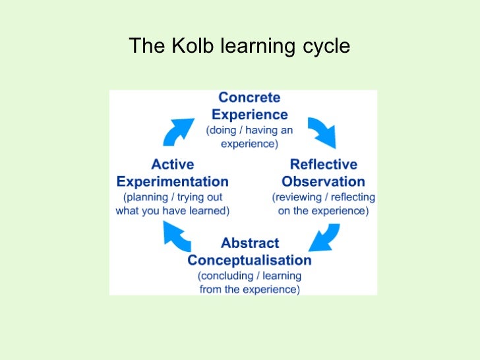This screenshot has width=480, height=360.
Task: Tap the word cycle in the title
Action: [324, 47]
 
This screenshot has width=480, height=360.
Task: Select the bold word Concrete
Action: [249, 98]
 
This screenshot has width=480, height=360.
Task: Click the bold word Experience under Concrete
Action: [249, 114]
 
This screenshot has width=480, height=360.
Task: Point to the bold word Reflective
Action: [323, 164]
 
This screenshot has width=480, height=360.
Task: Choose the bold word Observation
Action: [323, 181]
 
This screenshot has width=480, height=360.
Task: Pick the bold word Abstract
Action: [249, 243]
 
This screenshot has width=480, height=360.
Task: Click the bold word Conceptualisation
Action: [249, 260]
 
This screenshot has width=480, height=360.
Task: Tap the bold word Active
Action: [172, 164]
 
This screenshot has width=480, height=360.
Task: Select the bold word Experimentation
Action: [172, 181]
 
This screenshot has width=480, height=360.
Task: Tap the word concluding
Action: [224, 276]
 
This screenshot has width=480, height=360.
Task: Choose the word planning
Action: [146, 197]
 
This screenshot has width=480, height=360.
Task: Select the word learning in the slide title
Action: [258, 47]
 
